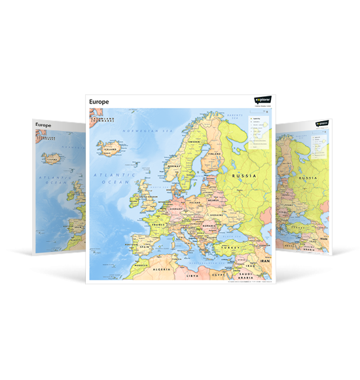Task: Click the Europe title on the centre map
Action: click(x=99, y=102)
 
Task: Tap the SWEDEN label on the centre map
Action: click(x=194, y=142)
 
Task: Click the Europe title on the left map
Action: click(x=43, y=124)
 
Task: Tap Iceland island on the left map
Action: click(x=52, y=158)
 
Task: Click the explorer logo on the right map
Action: click(x=322, y=123)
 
